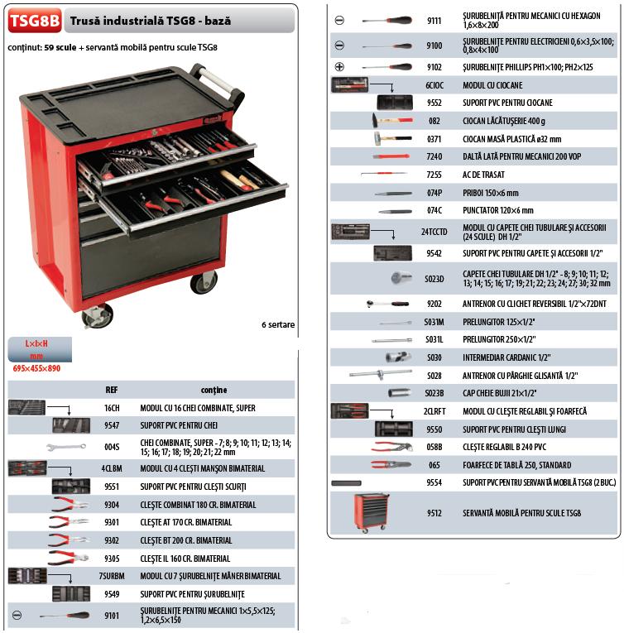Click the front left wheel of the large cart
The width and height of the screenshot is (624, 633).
point(97,315)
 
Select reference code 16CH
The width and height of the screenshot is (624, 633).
point(112,408)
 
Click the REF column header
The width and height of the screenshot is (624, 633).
point(112,390)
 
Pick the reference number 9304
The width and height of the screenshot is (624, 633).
point(112,505)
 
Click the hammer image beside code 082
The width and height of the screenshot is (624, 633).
point(388,121)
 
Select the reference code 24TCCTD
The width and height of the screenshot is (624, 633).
point(434,230)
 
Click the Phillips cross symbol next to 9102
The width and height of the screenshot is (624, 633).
point(339,67)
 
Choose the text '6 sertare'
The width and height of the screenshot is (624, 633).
point(277,324)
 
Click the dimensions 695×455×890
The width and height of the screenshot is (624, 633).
point(38,368)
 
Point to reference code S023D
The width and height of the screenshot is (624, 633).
point(434,278)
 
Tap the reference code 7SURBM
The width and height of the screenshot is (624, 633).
point(112,576)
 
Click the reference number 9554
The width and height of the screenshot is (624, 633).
point(434,482)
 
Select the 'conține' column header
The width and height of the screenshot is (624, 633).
point(214,390)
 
